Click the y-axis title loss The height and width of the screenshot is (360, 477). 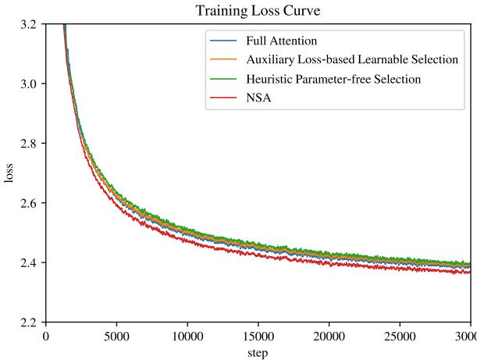[10, 173]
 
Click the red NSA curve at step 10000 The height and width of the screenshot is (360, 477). [187, 239]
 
